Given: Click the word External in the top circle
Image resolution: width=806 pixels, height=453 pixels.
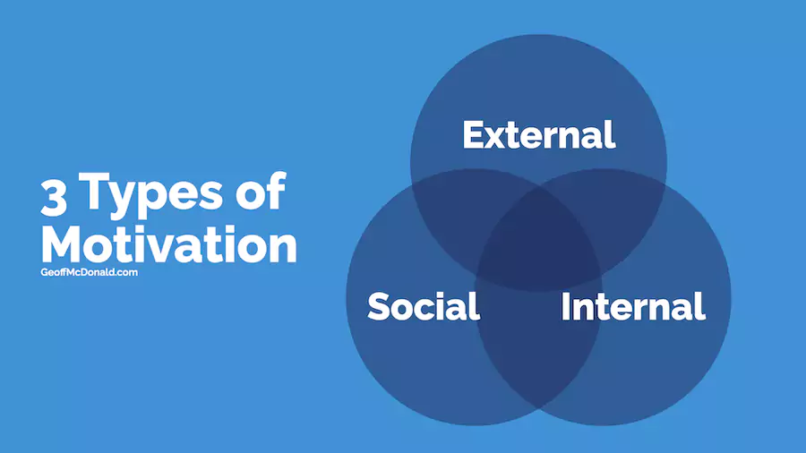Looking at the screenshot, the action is coord(539,134).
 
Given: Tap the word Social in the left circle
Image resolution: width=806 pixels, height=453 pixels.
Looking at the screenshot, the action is coord(424,306).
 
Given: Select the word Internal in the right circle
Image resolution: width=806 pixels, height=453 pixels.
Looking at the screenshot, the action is coord(633,306).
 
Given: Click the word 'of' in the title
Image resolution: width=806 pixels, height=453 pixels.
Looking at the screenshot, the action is coord(261,192).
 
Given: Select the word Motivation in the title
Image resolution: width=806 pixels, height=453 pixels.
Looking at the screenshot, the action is coord(169,244).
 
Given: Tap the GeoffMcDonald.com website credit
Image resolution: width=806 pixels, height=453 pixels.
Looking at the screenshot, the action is coord(89,272).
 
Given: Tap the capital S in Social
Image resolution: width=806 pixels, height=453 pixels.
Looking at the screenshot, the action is coord(379,306).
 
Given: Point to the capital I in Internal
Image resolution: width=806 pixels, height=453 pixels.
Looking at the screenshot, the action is coord(565,306).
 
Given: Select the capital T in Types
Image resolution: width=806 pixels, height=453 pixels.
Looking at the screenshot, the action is coord(95,191).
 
